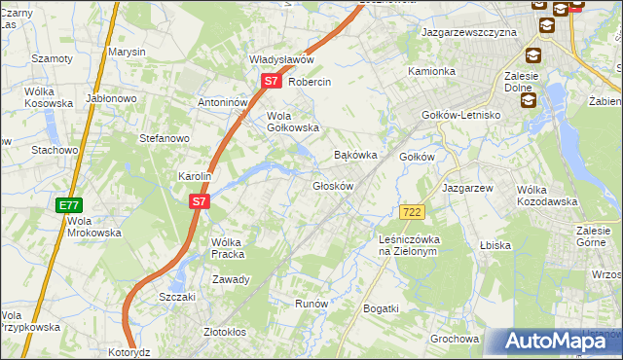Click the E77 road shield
[68, 205]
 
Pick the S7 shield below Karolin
[199, 201]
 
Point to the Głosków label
[332, 186]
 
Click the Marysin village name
[127, 51]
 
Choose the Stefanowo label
[164, 139]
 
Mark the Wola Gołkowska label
[293, 122]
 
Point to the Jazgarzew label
[469, 187]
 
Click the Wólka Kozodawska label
[547, 196]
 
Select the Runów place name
[311, 304]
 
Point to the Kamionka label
[431, 71]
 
